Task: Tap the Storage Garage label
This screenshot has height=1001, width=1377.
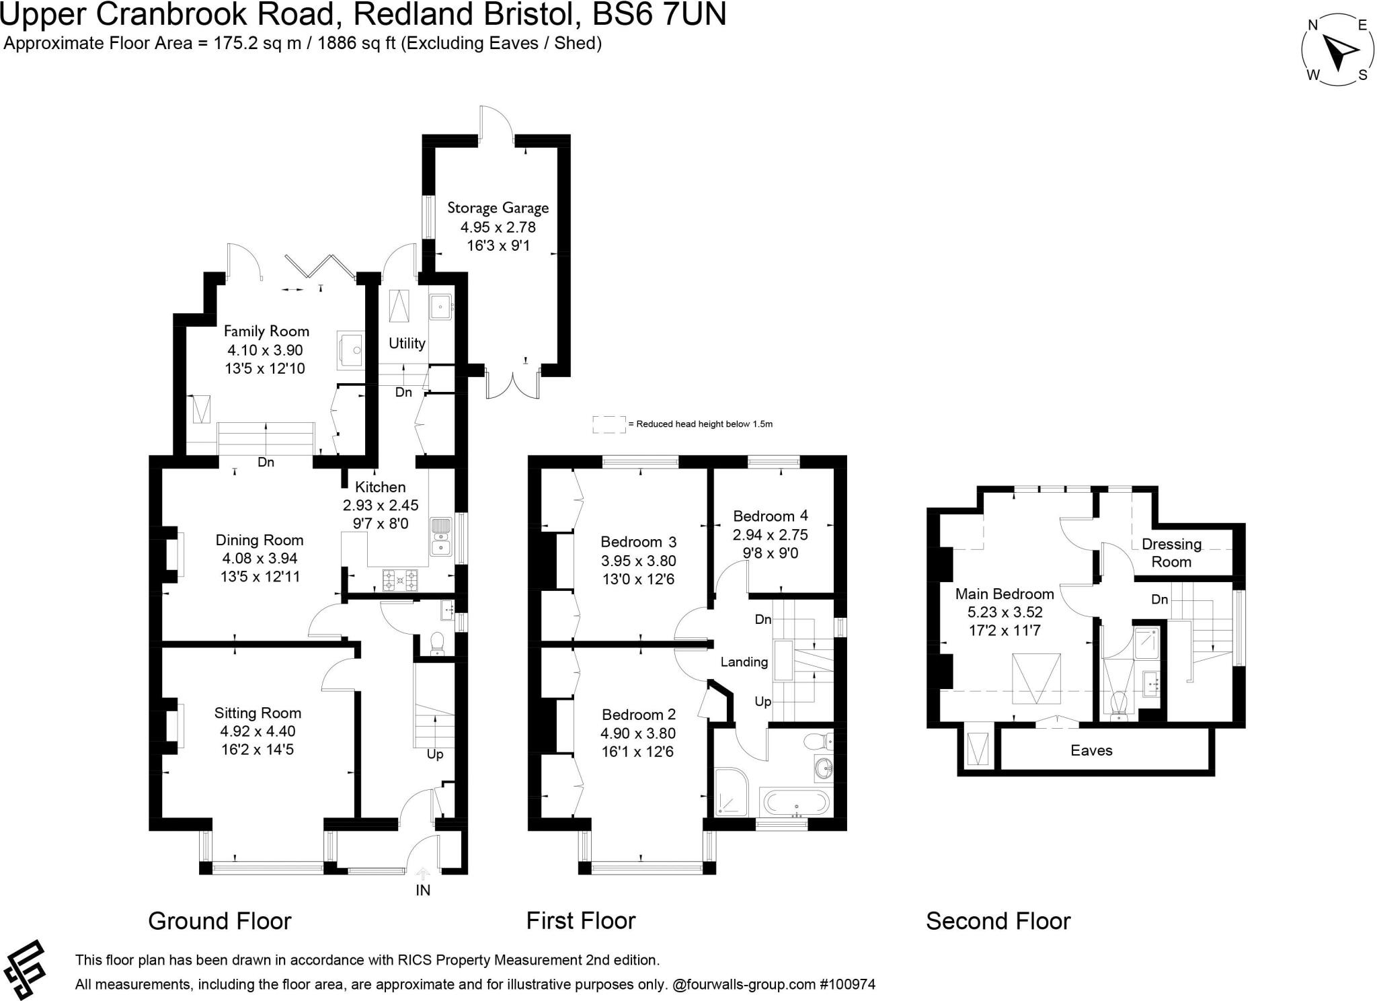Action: tap(498, 208)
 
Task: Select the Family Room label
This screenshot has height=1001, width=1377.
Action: tap(266, 331)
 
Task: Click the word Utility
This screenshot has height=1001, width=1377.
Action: tap(407, 343)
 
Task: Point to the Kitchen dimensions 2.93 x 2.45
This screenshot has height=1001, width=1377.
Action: tap(381, 505)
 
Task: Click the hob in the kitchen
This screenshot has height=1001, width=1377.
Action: tap(400, 579)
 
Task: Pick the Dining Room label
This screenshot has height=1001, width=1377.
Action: tap(260, 540)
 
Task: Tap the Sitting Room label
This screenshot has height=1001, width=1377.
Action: tap(258, 713)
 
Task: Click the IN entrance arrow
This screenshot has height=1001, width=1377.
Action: tap(423, 874)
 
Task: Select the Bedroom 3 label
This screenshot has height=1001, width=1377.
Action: tap(638, 542)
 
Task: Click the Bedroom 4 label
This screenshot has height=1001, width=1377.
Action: tap(771, 516)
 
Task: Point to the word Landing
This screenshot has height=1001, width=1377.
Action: tap(744, 662)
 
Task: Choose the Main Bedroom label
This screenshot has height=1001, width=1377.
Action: tap(1005, 594)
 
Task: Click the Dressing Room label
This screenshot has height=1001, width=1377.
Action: tap(1171, 553)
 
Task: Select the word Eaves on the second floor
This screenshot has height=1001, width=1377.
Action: tap(1091, 750)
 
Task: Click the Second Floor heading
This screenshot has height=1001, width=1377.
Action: tap(998, 920)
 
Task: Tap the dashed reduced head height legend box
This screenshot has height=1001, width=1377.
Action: tap(608, 424)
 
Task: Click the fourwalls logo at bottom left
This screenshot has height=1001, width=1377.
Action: tap(25, 968)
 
